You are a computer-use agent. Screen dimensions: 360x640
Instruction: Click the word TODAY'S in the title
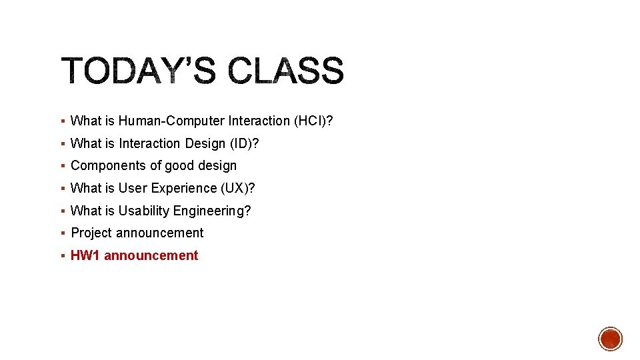(139, 71)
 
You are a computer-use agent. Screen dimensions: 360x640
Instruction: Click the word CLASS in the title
(286, 71)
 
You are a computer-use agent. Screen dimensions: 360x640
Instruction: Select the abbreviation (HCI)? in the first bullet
(313, 121)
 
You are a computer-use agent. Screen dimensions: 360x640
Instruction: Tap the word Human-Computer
(171, 121)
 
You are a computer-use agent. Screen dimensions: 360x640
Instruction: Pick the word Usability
(144, 211)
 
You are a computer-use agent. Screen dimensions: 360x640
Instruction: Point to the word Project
(91, 233)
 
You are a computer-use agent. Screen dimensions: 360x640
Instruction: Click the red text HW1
(85, 255)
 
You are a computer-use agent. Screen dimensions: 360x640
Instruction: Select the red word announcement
(151, 255)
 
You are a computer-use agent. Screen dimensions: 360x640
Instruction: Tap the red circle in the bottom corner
(610, 339)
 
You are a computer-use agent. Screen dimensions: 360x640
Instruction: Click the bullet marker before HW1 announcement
(62, 256)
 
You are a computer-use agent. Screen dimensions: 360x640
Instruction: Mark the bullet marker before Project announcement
(62, 233)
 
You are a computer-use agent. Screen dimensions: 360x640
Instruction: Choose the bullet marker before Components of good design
(62, 166)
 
